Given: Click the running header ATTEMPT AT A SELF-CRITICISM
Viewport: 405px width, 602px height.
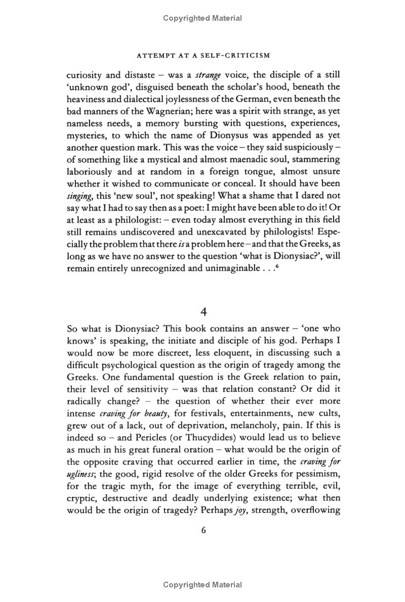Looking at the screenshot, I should point(202,56).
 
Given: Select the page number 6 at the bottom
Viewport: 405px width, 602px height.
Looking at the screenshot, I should point(203,530).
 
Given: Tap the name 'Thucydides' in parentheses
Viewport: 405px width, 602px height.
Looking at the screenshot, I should point(211,437).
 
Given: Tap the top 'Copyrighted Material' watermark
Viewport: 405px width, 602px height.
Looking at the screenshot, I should point(202,18).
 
